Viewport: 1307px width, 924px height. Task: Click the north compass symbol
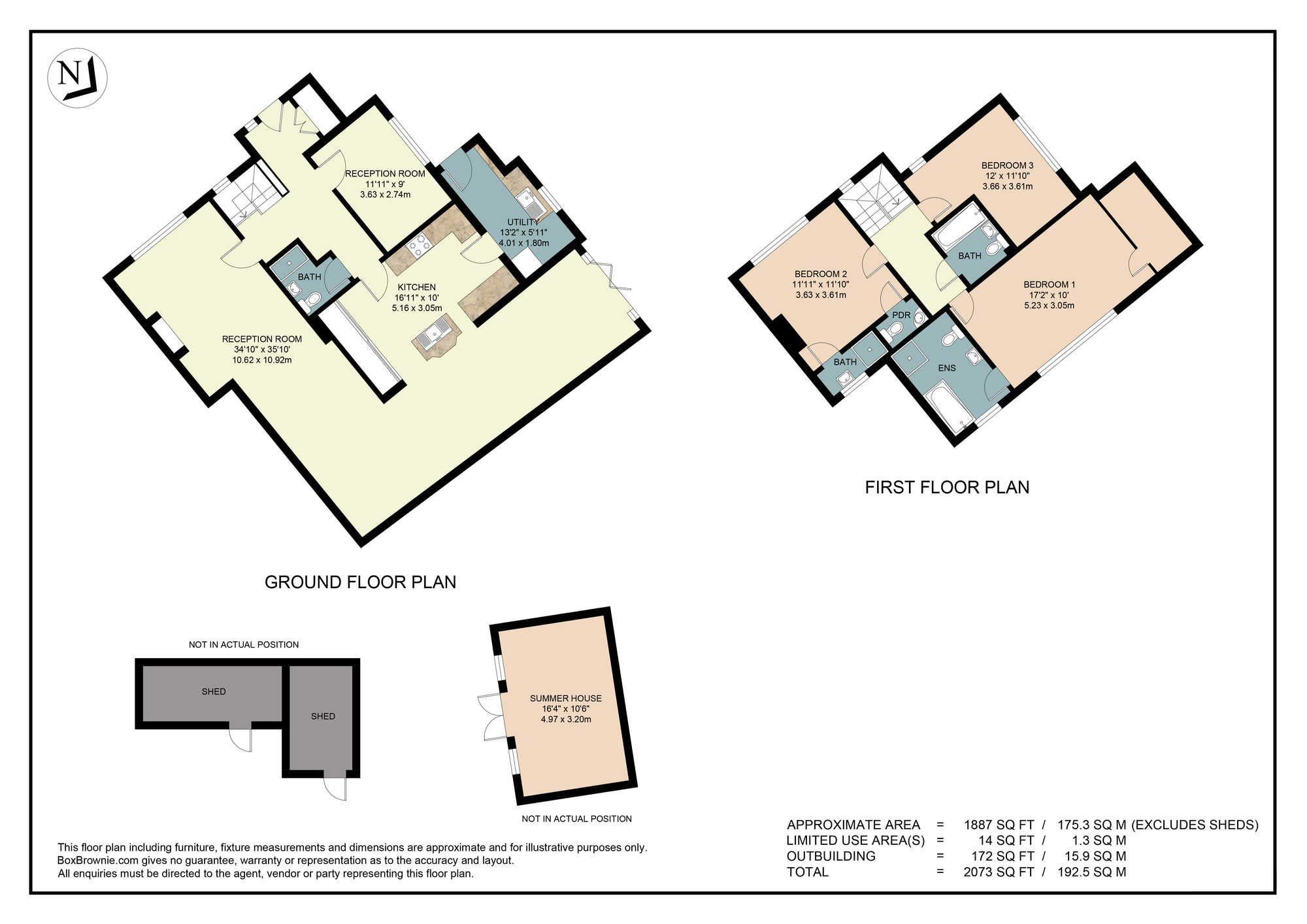coord(78,78)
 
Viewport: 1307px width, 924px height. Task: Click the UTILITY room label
coord(523,222)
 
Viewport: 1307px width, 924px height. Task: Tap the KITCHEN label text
coord(416,287)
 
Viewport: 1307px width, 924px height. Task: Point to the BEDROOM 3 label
coord(1007,165)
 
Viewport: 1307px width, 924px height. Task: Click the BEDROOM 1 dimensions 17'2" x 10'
coord(1049,295)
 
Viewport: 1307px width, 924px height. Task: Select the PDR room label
coord(901,315)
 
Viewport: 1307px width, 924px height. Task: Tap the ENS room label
coord(946,368)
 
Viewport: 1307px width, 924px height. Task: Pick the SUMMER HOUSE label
coord(565,698)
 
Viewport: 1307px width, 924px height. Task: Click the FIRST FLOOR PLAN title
coord(946,487)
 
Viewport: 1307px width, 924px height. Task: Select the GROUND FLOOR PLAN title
coord(360,582)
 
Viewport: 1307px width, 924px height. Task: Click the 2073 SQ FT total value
coord(999,872)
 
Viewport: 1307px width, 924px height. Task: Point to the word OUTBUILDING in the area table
coord(831,856)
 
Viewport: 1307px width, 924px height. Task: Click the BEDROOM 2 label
coord(821,274)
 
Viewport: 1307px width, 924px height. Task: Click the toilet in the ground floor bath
coord(313,299)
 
